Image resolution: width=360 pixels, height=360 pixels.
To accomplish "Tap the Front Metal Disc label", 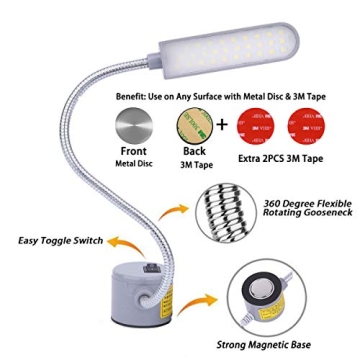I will (x=133, y=157).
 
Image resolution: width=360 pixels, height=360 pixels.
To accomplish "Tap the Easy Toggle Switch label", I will (x=60, y=241).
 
